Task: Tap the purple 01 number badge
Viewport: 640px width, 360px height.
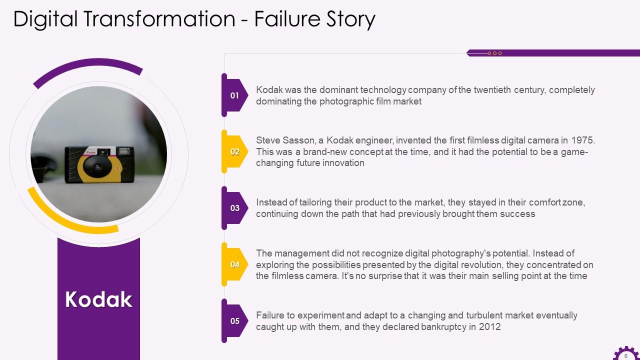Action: point(234,95)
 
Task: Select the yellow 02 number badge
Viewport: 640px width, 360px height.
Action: point(234,152)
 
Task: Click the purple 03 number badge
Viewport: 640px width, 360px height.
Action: point(234,208)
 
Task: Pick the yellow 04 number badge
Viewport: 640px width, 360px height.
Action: point(234,264)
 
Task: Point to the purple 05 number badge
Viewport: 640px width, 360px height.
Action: point(234,321)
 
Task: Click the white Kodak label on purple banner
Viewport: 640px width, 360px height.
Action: point(98,299)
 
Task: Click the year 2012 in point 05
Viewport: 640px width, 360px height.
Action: point(489,327)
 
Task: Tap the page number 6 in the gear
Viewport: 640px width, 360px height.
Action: point(625,356)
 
